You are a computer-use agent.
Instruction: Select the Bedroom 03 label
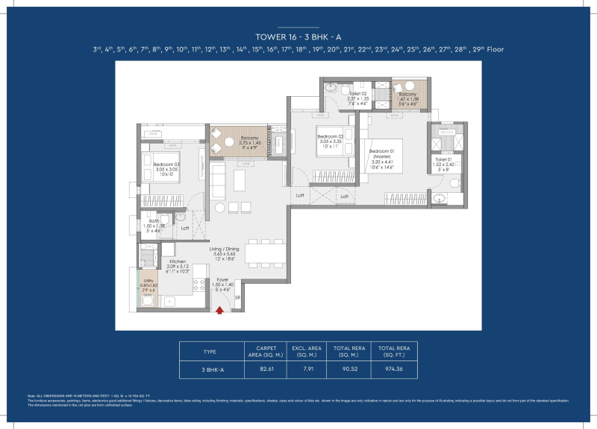tap(166, 168)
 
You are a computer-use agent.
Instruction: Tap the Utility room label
tap(149, 285)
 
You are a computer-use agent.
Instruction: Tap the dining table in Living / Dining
tap(265, 254)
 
